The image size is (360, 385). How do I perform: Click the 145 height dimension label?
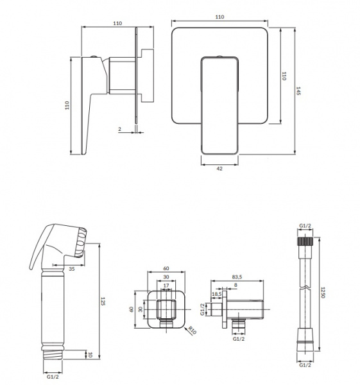298,91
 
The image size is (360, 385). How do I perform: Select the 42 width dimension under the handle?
219,168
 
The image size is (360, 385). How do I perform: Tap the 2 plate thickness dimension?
119,129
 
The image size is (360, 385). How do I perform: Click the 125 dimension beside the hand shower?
103,302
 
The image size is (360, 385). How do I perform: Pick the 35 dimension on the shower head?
71,269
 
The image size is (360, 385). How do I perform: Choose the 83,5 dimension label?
237,277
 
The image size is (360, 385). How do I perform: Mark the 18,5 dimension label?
217,294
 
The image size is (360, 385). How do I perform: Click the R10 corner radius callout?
193,330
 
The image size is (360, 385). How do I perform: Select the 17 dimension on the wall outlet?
166,286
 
